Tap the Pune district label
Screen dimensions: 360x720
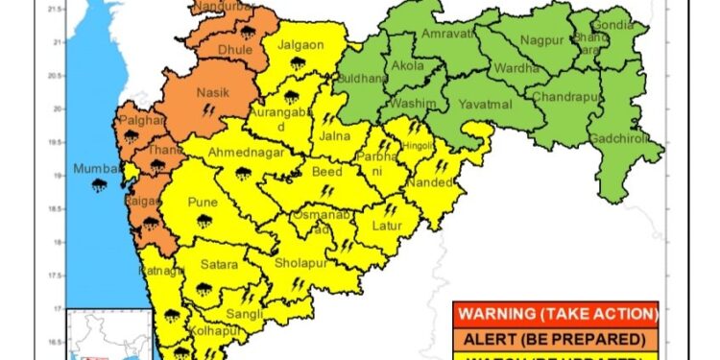[203, 204]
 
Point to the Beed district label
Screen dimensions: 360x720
[327, 172]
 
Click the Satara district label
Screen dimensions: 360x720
[218, 264]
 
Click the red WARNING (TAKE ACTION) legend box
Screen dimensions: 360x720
[557, 314]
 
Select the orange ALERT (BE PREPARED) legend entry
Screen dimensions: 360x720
[557, 339]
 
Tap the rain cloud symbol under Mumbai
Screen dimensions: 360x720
[100, 186]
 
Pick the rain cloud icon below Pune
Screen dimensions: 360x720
[203, 221]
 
